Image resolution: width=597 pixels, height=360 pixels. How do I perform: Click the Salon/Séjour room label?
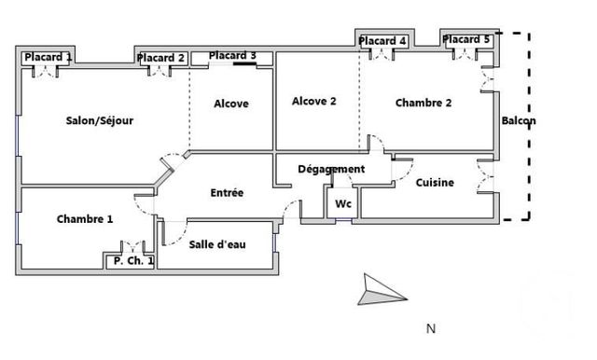click(100, 120)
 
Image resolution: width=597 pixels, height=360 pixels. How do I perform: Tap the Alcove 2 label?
click(314, 102)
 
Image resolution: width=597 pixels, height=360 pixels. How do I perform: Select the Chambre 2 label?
click(423, 103)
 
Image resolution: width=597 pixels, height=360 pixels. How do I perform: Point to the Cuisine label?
click(435, 183)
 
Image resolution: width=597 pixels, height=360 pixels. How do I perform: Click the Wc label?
click(343, 204)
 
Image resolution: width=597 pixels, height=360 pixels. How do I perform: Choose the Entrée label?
click(227, 192)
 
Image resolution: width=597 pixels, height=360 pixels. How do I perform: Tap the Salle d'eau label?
click(217, 244)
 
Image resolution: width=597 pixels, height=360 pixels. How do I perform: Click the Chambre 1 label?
click(85, 219)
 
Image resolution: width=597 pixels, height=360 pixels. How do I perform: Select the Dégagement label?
click(331, 170)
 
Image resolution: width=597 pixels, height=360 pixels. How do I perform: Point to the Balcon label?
click(519, 120)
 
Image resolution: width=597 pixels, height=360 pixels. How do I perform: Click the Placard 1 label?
click(48, 58)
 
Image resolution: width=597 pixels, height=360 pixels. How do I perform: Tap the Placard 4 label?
click(382, 41)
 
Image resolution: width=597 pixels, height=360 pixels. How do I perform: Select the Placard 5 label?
click(466, 39)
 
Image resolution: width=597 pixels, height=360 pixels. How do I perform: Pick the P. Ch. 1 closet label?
click(133, 261)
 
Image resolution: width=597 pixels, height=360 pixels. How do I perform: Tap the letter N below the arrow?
click(431, 328)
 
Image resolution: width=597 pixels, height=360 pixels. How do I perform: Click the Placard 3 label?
click(232, 56)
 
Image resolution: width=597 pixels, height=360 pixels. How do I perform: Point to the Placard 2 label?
click(160, 58)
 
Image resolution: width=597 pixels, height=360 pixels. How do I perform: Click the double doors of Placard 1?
click(46, 71)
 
